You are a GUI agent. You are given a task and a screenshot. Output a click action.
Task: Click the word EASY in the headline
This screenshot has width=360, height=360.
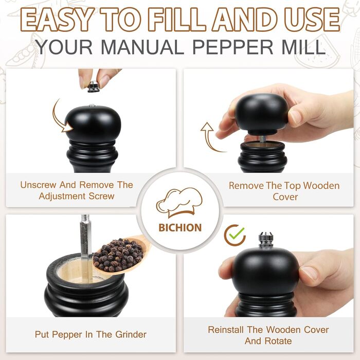click(x=58, y=20)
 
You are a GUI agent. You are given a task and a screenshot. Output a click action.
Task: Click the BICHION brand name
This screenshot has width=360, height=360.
click(x=180, y=228)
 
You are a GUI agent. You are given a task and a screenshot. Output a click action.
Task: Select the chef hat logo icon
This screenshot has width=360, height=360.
click(x=179, y=202)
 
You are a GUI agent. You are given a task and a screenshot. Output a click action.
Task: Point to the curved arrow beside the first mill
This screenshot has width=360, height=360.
click(x=56, y=119)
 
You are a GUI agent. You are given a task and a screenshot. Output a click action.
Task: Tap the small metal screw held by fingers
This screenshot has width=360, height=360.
click(x=94, y=86)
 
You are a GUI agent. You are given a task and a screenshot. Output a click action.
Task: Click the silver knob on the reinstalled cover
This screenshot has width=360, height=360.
click(x=266, y=240)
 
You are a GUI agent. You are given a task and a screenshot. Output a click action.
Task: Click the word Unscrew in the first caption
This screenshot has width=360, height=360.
click(x=38, y=185)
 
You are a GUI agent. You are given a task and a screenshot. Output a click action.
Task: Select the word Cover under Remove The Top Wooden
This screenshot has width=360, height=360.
click(x=285, y=197)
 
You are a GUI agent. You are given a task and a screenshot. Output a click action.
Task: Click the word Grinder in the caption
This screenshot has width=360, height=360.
click(x=131, y=334)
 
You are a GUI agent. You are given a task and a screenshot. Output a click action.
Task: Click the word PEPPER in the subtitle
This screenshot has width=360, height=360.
click(x=233, y=47)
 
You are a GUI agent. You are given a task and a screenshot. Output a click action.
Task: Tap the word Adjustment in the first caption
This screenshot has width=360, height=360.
click(x=62, y=196)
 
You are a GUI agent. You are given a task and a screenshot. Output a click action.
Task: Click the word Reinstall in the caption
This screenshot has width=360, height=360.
click(x=226, y=330)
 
